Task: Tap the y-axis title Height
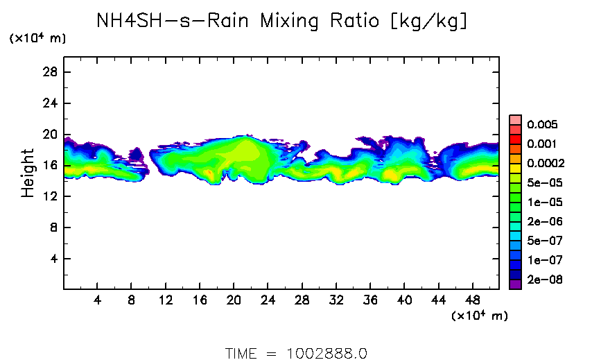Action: point(28,173)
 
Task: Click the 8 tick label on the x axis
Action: point(132,302)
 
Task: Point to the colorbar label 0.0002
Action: point(546,164)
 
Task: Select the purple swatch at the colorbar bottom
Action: point(514,284)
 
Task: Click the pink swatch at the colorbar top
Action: point(514,119)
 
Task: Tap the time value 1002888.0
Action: point(326,353)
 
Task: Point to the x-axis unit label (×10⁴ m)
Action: point(478,316)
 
